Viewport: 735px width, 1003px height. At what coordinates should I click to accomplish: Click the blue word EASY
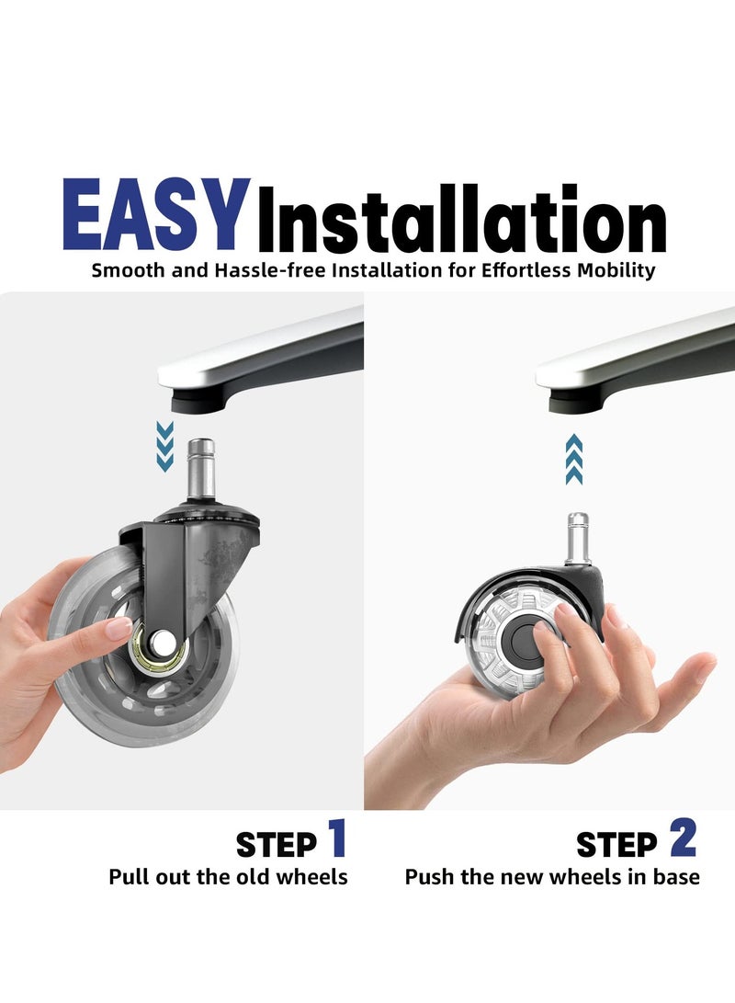pyautogui.click(x=156, y=214)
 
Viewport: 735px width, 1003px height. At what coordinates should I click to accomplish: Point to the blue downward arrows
pyautogui.click(x=164, y=447)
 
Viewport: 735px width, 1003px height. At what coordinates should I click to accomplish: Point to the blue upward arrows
pyautogui.click(x=574, y=459)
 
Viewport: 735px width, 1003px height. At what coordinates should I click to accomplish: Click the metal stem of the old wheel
pyautogui.click(x=200, y=469)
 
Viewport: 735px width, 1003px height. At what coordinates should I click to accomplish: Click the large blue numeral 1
pyautogui.click(x=337, y=838)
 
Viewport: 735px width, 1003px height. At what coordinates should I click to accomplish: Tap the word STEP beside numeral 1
pyautogui.click(x=277, y=845)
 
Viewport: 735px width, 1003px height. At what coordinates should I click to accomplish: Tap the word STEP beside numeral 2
pyautogui.click(x=616, y=845)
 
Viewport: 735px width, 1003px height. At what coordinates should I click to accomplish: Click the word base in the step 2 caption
pyautogui.click(x=676, y=876)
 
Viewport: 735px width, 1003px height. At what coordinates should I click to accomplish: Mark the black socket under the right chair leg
pyautogui.click(x=576, y=401)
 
